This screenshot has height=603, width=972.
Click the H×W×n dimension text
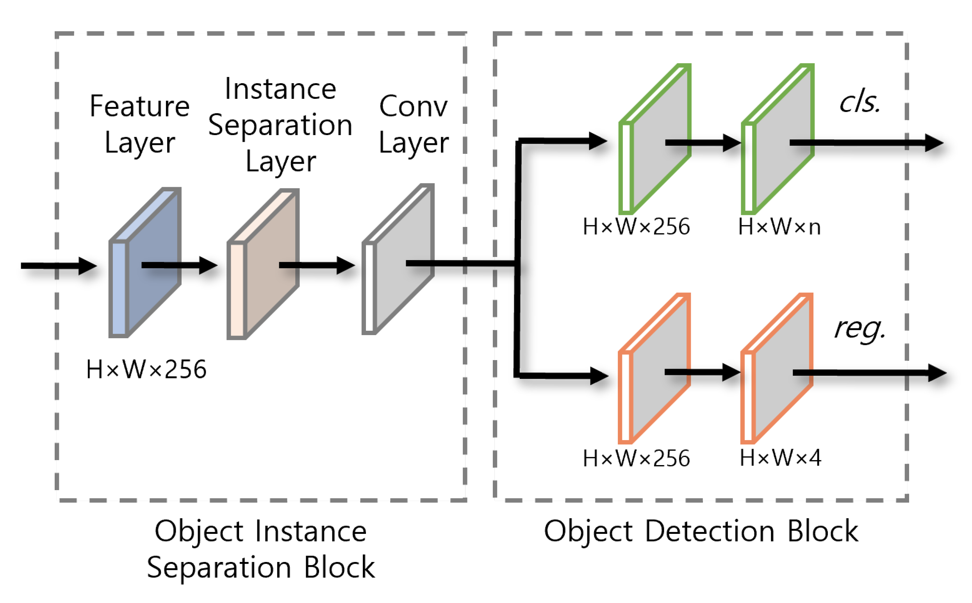click(779, 227)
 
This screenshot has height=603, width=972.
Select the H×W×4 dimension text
click(779, 457)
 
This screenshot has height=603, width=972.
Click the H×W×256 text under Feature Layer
click(146, 369)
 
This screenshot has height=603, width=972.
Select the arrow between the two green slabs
click(702, 143)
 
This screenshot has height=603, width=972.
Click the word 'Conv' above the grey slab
click(413, 107)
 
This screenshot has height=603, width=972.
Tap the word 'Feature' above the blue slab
click(139, 107)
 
